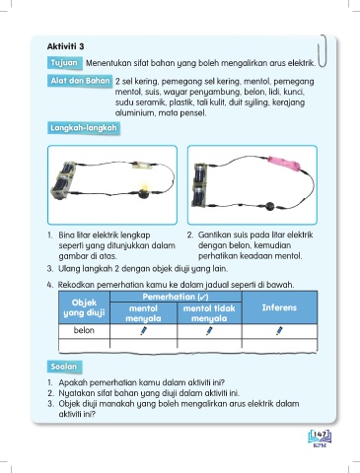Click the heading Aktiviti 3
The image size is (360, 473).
tap(65, 46)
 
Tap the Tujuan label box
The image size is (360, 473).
tap(64, 63)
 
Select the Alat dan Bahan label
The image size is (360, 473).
tap(80, 81)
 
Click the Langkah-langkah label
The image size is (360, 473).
tap(84, 128)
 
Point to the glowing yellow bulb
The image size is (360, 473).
tap(143, 191)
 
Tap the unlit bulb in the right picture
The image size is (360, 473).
tap(270, 206)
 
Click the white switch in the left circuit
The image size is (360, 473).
tap(142, 165)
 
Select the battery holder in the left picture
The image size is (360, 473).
tap(63, 180)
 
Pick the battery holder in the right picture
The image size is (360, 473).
tap(200, 185)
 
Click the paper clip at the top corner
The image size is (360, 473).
tap(323, 51)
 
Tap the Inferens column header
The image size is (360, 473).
tap(279, 307)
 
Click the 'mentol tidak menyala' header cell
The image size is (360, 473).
tap(209, 313)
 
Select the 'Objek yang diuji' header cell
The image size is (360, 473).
tap(84, 307)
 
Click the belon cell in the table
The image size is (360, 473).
tap(84, 330)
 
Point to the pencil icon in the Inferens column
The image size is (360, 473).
tap(279, 331)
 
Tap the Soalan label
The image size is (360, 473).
tap(64, 367)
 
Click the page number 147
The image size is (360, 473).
tap(320, 435)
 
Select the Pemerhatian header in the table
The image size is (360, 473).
tap(176, 297)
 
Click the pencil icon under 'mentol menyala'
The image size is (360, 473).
tap(143, 331)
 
